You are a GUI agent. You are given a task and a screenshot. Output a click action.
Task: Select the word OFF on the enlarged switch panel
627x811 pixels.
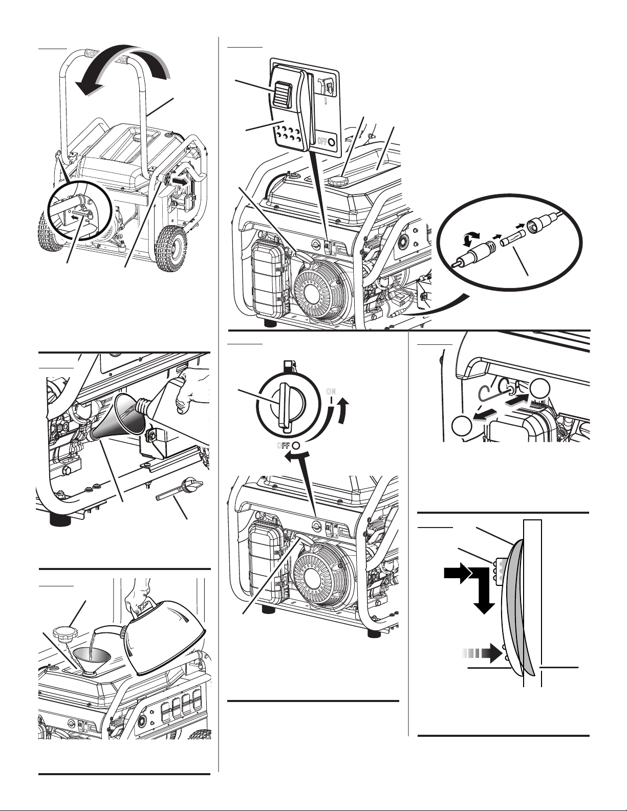(322, 141)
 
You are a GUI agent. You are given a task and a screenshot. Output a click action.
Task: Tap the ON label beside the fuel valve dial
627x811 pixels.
(331, 391)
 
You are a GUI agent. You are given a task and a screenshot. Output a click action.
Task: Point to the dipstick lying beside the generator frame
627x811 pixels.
(180, 487)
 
